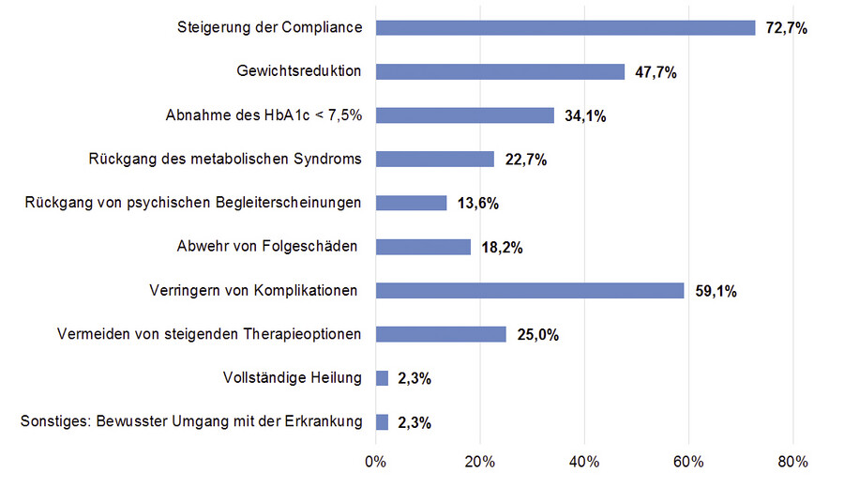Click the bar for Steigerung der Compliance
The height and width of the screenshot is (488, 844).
click(x=565, y=27)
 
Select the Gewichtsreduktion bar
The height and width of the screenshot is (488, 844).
click(x=500, y=71)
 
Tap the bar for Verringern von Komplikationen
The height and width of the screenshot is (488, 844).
click(x=530, y=290)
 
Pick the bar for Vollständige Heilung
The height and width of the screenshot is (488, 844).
click(x=382, y=378)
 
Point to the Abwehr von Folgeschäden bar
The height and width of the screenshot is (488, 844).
click(x=423, y=247)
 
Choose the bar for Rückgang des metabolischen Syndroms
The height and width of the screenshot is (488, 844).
click(x=434, y=159)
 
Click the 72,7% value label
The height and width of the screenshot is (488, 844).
click(x=787, y=28)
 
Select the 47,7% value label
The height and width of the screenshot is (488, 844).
click(x=656, y=72)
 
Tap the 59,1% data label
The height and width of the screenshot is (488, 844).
click(x=716, y=291)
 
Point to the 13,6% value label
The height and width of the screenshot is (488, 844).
click(x=478, y=204)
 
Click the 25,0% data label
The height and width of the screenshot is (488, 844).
click(x=537, y=335)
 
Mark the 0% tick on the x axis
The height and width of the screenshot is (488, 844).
click(x=375, y=461)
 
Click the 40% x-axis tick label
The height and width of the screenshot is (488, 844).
click(x=584, y=461)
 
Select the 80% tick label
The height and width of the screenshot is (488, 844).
click(x=793, y=461)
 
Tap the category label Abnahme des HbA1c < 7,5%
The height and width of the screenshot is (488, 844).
click(x=264, y=114)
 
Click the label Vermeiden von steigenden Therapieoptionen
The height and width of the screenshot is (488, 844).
click(x=209, y=334)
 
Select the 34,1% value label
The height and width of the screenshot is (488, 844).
click(x=586, y=116)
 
